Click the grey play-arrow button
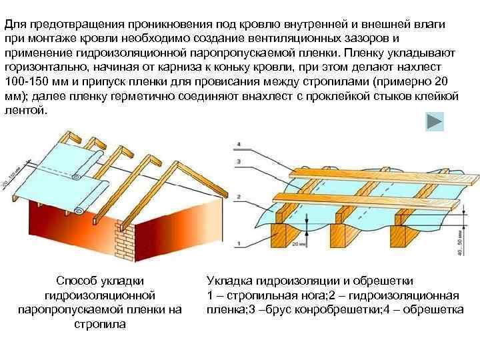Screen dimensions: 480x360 pyautogui.click(x=435, y=121)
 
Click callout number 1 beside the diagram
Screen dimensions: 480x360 pyautogui.click(x=238, y=245)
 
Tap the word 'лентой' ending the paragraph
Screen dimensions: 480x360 pyautogui.click(x=25, y=110)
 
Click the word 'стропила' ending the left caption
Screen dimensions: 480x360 pyautogui.click(x=99, y=324)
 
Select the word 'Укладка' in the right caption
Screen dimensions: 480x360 pyautogui.click(x=229, y=281)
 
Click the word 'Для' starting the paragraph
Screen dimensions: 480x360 pyautogui.click(x=13, y=24)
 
